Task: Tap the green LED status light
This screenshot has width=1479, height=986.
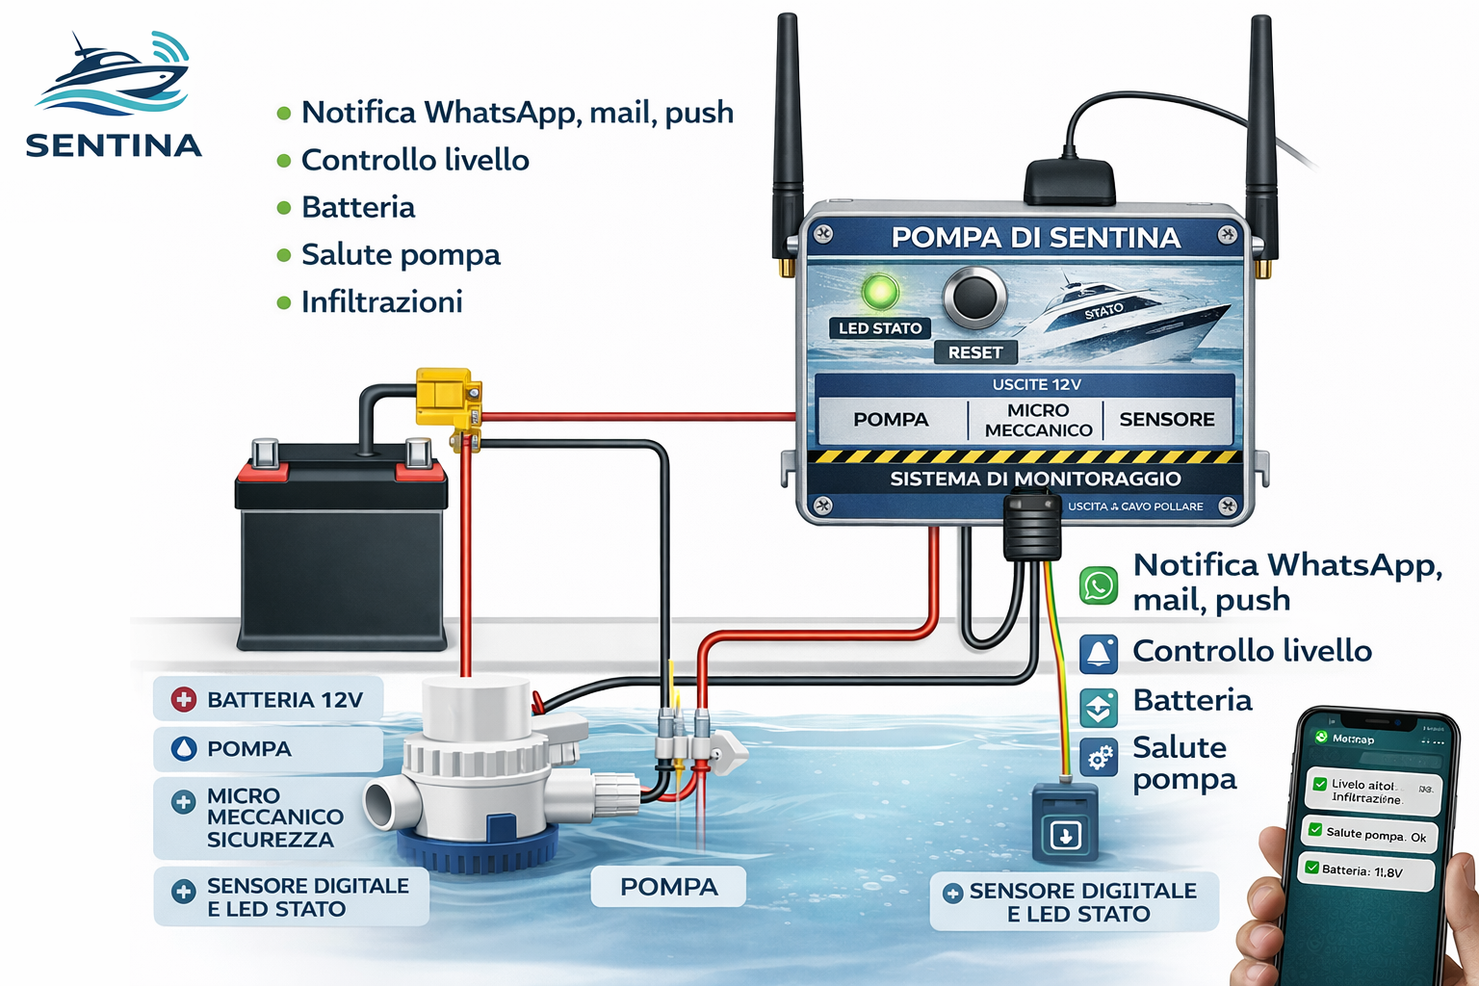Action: point(879,292)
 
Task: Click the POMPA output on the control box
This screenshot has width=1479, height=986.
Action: point(891,420)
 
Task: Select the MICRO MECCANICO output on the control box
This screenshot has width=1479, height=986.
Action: point(1038,420)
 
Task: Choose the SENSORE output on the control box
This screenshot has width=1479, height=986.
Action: point(1166,420)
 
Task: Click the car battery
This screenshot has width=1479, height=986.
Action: point(342,549)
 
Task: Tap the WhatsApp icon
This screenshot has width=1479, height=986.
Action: point(1099,584)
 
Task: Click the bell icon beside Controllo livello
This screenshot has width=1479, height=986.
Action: point(1099,654)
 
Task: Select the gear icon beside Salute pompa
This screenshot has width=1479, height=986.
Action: point(1099,758)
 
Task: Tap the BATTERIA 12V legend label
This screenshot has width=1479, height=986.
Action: point(268,700)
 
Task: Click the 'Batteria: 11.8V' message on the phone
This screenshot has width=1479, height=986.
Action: point(1365,871)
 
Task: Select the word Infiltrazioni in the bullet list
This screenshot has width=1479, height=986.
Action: point(382,302)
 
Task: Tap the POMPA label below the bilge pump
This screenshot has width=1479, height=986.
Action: point(669,887)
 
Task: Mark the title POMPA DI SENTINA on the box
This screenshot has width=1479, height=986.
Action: point(1035,238)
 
